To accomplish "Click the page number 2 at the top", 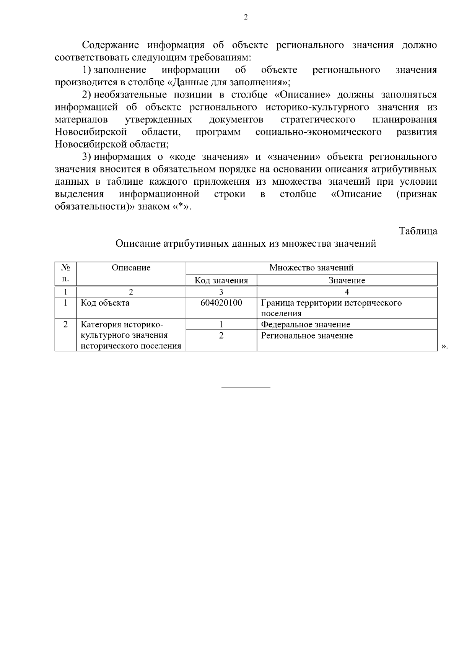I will point(246,17).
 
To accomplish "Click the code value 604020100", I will point(221,303).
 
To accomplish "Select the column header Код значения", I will point(221,281).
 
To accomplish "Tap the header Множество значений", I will point(311,268).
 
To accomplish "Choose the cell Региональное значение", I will point(307,336).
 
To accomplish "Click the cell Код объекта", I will point(105,303).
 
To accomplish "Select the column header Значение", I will point(347,281).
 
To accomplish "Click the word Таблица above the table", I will point(418,231).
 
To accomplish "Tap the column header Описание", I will point(131,268).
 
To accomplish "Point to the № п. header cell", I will point(65,273).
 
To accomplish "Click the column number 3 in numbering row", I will point(221,292).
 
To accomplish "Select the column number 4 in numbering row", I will point(347,292).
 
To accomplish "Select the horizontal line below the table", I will point(246,388).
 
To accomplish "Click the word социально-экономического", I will point(318,132).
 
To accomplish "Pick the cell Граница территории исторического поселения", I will point(331,308).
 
